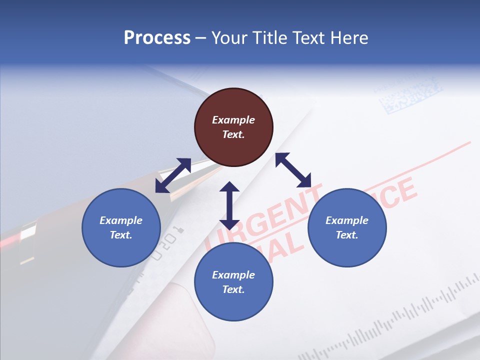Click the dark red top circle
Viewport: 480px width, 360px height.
pos(233,127)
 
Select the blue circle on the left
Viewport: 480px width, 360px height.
pos(121,227)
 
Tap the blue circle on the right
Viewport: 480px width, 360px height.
pos(347,227)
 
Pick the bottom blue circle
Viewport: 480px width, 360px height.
pos(233,282)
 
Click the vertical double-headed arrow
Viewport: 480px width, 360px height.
pos(229,205)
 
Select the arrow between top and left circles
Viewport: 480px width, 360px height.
pos(173,175)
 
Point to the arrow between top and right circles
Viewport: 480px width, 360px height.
pos(293,170)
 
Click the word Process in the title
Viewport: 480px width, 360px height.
pos(157,37)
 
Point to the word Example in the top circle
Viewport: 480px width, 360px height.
pos(233,120)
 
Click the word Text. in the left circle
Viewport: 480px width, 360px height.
pos(121,235)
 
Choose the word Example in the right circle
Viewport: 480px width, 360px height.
pos(347,220)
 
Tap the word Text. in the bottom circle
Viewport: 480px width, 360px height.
pos(233,289)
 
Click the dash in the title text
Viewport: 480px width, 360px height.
pos(201,38)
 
